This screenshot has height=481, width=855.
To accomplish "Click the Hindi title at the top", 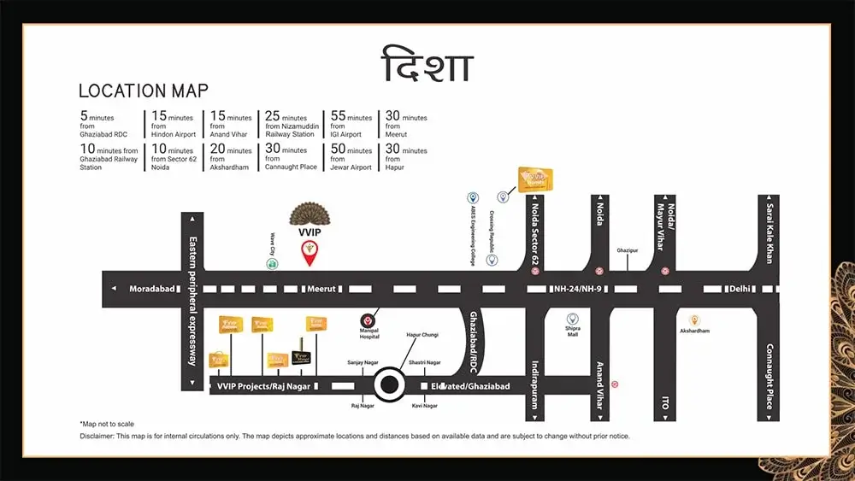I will [x=427, y=66].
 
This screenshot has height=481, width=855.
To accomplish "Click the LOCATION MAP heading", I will [x=143, y=91].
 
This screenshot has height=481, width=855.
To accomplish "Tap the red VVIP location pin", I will [x=309, y=252].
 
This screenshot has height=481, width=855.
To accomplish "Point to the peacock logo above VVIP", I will [x=309, y=214].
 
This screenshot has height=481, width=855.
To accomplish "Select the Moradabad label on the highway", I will [x=152, y=289].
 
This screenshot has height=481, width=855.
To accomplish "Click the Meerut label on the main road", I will [x=322, y=289].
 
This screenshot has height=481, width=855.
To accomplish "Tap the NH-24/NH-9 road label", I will [x=579, y=289].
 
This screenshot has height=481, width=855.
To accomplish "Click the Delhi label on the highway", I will [x=740, y=289].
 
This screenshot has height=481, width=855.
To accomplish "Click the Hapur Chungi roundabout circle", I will [x=391, y=385].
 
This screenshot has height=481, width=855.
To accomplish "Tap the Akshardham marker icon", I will [x=694, y=319].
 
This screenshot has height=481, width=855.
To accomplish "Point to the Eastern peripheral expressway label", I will [x=192, y=301].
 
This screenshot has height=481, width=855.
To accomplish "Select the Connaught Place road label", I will [x=769, y=377].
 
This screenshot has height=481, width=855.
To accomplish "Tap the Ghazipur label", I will [x=628, y=250].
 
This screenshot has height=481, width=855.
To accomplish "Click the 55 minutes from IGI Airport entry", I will [x=351, y=126].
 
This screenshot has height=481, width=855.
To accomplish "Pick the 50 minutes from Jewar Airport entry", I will [x=351, y=159].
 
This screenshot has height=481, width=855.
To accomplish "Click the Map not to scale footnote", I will [x=107, y=424].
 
